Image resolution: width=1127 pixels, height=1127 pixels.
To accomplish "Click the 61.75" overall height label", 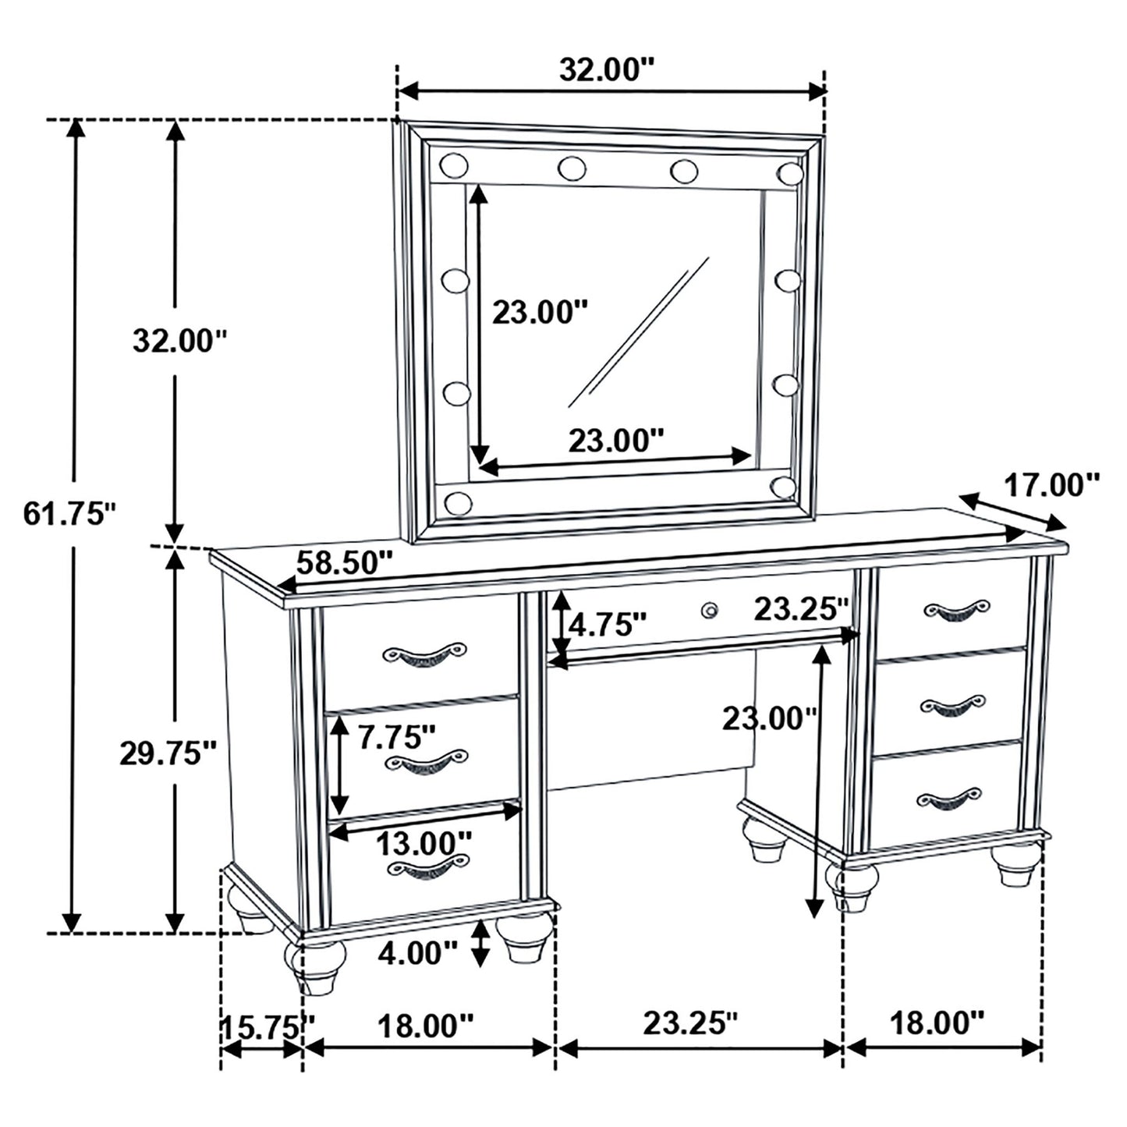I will point(69,514).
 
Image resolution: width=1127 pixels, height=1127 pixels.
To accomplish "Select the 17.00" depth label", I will point(1051,485).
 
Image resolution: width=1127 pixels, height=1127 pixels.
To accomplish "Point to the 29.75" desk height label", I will point(167,753).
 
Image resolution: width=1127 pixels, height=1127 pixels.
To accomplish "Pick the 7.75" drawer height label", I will point(397,737).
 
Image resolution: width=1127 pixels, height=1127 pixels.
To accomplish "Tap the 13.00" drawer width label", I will point(424,842).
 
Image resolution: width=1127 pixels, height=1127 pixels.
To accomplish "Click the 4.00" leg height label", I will point(418,952).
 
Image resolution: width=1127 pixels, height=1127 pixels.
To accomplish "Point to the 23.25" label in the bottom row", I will point(689,1023).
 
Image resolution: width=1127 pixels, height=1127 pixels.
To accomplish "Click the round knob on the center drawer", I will point(709,610).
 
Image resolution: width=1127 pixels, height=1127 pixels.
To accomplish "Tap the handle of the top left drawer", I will point(424,654).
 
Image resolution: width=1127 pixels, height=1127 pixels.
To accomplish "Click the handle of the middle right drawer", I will point(952,705).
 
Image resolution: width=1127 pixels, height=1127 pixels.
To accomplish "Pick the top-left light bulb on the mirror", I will point(453,165).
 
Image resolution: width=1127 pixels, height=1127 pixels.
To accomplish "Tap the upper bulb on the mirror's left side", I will point(455,279).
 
